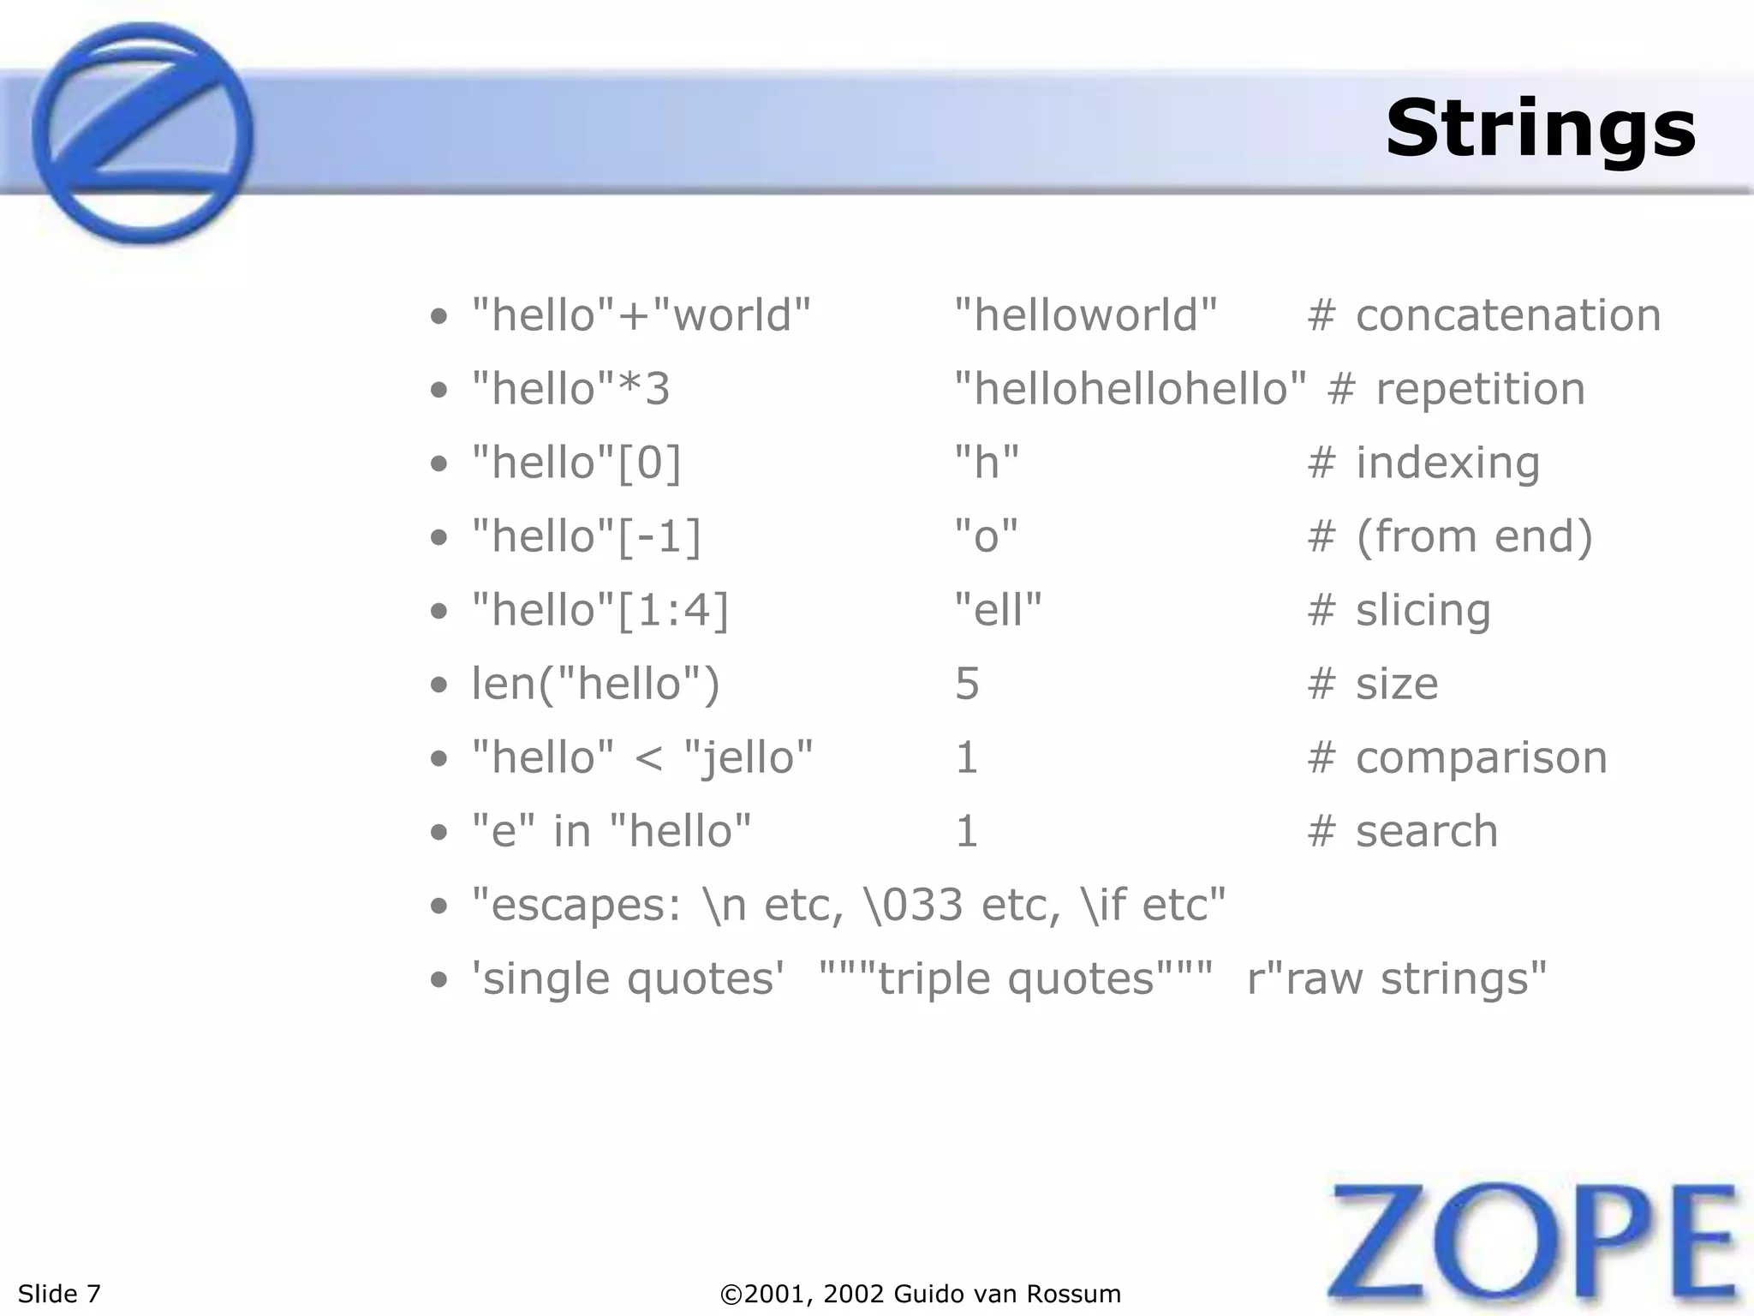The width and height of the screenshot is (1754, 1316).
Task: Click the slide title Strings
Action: pyautogui.click(x=1540, y=129)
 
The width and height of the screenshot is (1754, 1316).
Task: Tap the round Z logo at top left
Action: pyautogui.click(x=143, y=133)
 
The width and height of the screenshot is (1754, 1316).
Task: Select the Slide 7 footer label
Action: pyautogui.click(x=59, y=1293)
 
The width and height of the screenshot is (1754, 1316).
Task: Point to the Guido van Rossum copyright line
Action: pyautogui.click(x=921, y=1293)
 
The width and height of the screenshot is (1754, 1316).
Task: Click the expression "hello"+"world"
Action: pyautogui.click(x=641, y=315)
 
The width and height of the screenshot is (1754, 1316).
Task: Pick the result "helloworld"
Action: pyautogui.click(x=1085, y=315)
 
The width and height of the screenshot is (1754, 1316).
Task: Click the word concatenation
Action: pyautogui.click(x=1507, y=315)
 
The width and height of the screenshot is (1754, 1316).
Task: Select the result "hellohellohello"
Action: pyautogui.click(x=1130, y=389)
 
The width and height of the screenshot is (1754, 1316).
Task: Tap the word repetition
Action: pyautogui.click(x=1480, y=389)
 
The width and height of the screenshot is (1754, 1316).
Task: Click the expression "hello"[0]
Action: pyautogui.click(x=577, y=463)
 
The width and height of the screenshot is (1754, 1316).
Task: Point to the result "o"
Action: pyautogui.click(x=986, y=536)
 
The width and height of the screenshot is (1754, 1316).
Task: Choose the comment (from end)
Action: pyautogui.click(x=1473, y=536)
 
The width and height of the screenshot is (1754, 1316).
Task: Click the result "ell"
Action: pyautogui.click(x=998, y=610)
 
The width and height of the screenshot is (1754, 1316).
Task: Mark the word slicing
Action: pyautogui.click(x=1423, y=610)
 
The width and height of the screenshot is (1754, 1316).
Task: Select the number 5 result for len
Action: pyautogui.click(x=967, y=684)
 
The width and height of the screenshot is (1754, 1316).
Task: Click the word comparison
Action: pyautogui.click(x=1481, y=757)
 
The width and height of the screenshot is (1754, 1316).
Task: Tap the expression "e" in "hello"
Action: pyautogui.click(x=612, y=831)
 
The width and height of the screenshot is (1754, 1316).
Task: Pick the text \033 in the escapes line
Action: pyautogui.click(x=915, y=905)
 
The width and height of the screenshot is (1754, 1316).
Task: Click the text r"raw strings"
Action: pyautogui.click(x=1397, y=978)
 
